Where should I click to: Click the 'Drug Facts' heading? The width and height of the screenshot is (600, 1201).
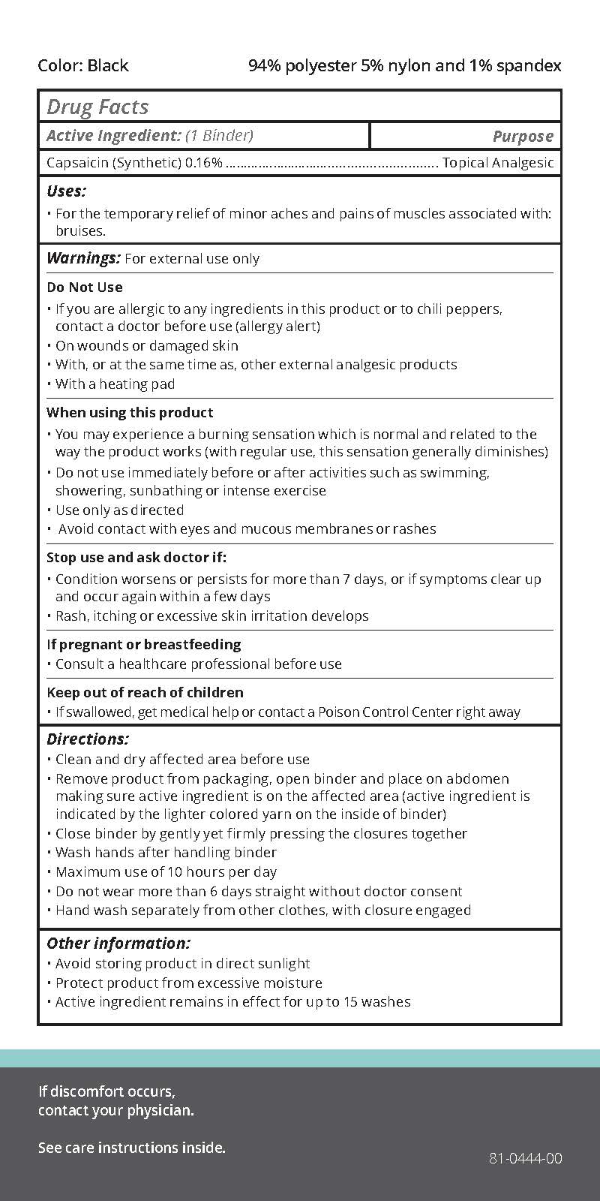click(97, 107)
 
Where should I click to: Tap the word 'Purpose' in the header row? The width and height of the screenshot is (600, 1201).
click(523, 137)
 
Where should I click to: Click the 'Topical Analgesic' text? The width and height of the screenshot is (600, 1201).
click(498, 163)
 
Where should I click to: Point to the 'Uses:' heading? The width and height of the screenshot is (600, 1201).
click(66, 191)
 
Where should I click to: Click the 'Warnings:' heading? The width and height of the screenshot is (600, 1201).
click(83, 258)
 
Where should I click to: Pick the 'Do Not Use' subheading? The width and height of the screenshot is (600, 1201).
click(84, 287)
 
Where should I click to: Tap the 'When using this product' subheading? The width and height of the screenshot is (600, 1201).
click(130, 413)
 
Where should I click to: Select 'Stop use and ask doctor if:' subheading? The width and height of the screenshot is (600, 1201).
click(136, 558)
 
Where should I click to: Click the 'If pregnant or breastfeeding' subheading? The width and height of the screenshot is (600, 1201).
click(144, 645)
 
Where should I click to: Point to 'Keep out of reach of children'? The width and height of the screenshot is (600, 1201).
click(145, 693)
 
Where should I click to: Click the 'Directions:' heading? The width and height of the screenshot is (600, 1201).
click(88, 739)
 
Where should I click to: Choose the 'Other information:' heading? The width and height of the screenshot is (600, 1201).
click(118, 944)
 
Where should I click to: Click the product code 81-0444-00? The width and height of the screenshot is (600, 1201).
click(525, 1158)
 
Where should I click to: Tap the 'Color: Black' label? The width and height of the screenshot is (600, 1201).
click(83, 66)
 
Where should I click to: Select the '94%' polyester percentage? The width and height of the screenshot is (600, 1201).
click(265, 66)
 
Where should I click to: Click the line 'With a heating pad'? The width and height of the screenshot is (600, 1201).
click(115, 384)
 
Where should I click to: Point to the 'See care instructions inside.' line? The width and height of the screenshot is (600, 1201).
click(132, 1148)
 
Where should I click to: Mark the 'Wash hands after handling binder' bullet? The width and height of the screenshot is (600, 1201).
click(166, 853)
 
